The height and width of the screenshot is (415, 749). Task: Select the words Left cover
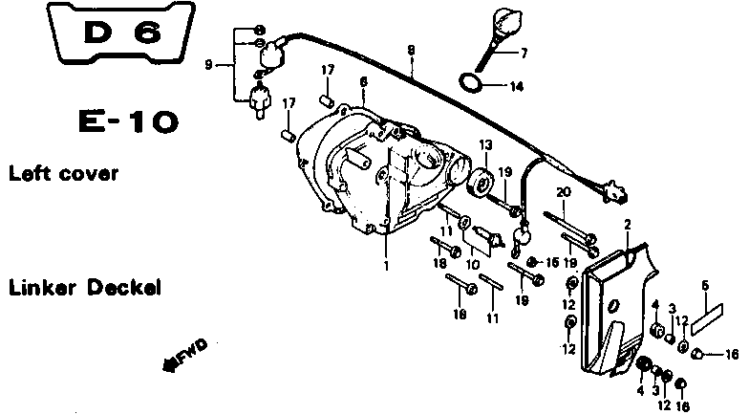pyautogui.click(x=63, y=174)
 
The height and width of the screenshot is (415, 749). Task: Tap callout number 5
pyautogui.click(x=705, y=285)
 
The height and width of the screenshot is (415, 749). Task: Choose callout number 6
pyautogui.click(x=363, y=83)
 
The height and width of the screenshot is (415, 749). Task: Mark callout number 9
pyautogui.click(x=209, y=66)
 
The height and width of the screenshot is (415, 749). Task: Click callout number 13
pyautogui.click(x=484, y=144)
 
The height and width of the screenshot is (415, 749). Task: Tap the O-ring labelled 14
pyautogui.click(x=465, y=83)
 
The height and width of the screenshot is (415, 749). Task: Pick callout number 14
pyautogui.click(x=516, y=86)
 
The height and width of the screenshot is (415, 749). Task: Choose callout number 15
pyautogui.click(x=552, y=261)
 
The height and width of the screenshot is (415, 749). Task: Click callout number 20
pyautogui.click(x=564, y=192)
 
